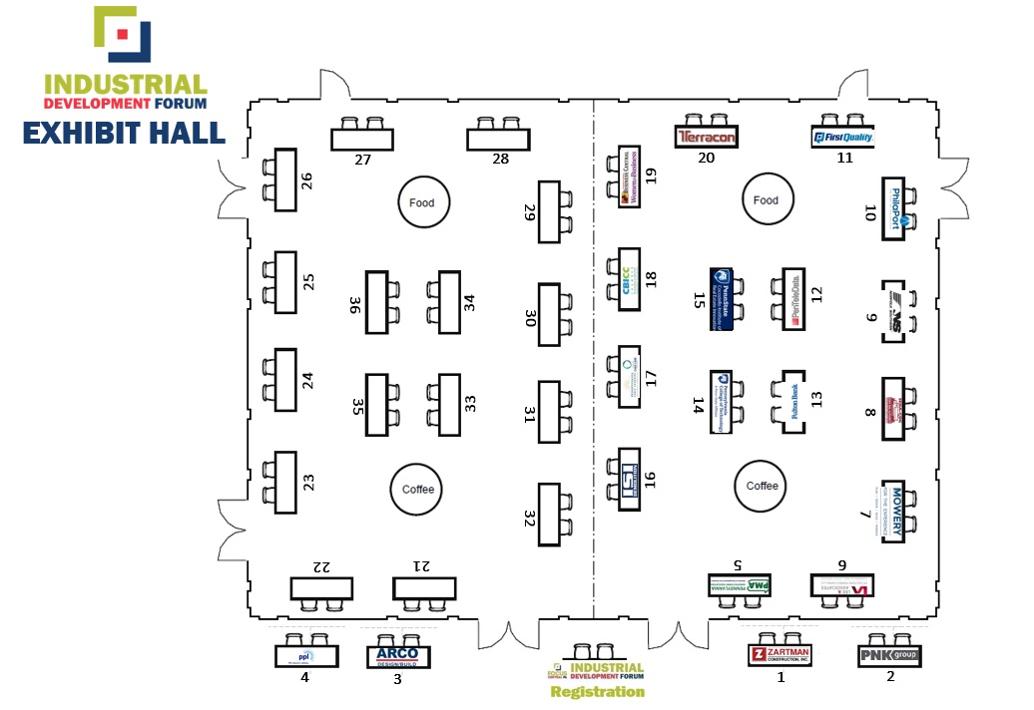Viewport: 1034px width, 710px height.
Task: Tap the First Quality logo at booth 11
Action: [x=843, y=138]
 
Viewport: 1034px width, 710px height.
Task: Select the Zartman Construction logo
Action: [x=779, y=655]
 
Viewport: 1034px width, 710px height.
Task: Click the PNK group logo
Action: [x=889, y=656]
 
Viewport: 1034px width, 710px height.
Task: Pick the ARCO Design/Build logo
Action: [x=398, y=656]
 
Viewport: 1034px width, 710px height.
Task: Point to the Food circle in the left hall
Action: [x=422, y=202]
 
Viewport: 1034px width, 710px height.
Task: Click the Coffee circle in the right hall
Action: [x=762, y=486]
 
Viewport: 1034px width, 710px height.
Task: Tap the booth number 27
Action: [x=362, y=160]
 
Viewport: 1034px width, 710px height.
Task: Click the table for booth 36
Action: [x=376, y=302]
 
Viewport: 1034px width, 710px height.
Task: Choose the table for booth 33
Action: [x=448, y=404]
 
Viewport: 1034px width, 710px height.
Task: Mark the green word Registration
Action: [x=598, y=691]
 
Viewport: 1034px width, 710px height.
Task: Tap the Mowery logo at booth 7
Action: [x=895, y=510]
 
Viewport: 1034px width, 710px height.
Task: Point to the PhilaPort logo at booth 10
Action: [x=894, y=208]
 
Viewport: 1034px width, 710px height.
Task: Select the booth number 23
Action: [x=309, y=483]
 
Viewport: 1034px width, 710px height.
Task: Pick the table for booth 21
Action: [x=424, y=588]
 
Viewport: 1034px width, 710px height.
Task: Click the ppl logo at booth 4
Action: [x=306, y=656]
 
